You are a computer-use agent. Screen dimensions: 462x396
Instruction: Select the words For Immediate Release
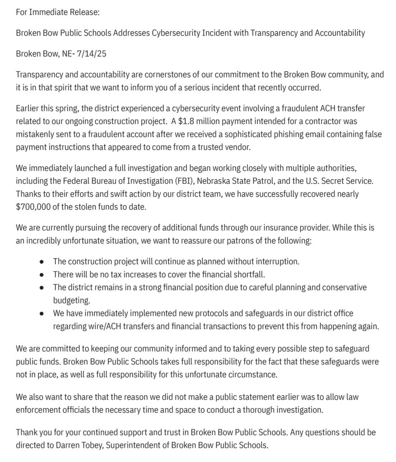point(57,12)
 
